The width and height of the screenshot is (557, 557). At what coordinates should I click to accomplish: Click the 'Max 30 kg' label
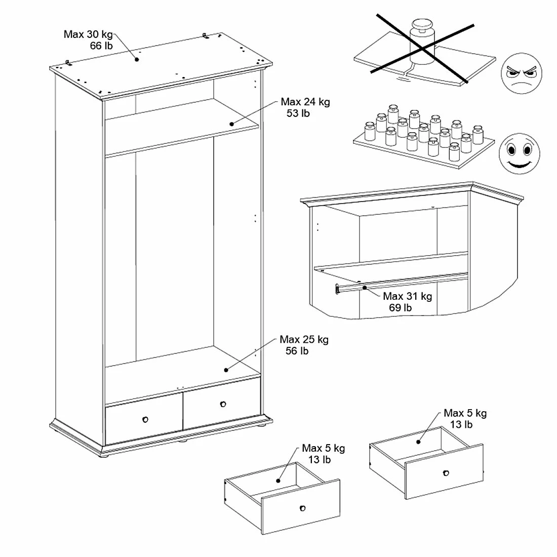[x=88, y=34]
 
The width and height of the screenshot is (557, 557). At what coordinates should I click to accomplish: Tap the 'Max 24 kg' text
[x=305, y=102]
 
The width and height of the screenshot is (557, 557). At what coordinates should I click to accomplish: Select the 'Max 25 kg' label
[x=304, y=339]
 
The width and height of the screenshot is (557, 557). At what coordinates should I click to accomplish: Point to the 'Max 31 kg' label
[x=407, y=296]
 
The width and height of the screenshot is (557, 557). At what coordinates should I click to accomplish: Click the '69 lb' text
[x=400, y=308]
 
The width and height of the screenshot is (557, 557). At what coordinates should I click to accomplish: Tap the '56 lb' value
[x=297, y=351]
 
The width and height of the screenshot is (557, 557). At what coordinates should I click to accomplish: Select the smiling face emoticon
[x=520, y=152]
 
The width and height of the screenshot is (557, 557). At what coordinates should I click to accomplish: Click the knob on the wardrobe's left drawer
[x=145, y=419]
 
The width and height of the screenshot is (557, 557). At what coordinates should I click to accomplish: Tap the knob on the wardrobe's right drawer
[x=223, y=404]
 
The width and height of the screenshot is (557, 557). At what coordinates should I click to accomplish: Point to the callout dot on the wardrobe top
[x=137, y=59]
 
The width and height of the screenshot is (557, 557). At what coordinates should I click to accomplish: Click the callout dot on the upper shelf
[x=231, y=124]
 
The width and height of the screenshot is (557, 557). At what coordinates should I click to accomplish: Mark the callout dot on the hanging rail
[x=365, y=288]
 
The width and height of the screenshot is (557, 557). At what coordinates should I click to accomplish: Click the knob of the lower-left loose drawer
[x=302, y=508]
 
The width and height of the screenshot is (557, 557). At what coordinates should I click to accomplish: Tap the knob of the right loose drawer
[x=446, y=473]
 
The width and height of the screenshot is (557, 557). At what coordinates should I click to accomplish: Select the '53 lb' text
[x=298, y=113]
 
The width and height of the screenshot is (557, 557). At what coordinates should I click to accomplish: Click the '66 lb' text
[x=101, y=46]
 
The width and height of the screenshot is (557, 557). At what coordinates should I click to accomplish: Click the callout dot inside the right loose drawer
[x=419, y=442]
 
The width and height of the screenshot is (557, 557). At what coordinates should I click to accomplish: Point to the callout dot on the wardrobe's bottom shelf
[x=226, y=370]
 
